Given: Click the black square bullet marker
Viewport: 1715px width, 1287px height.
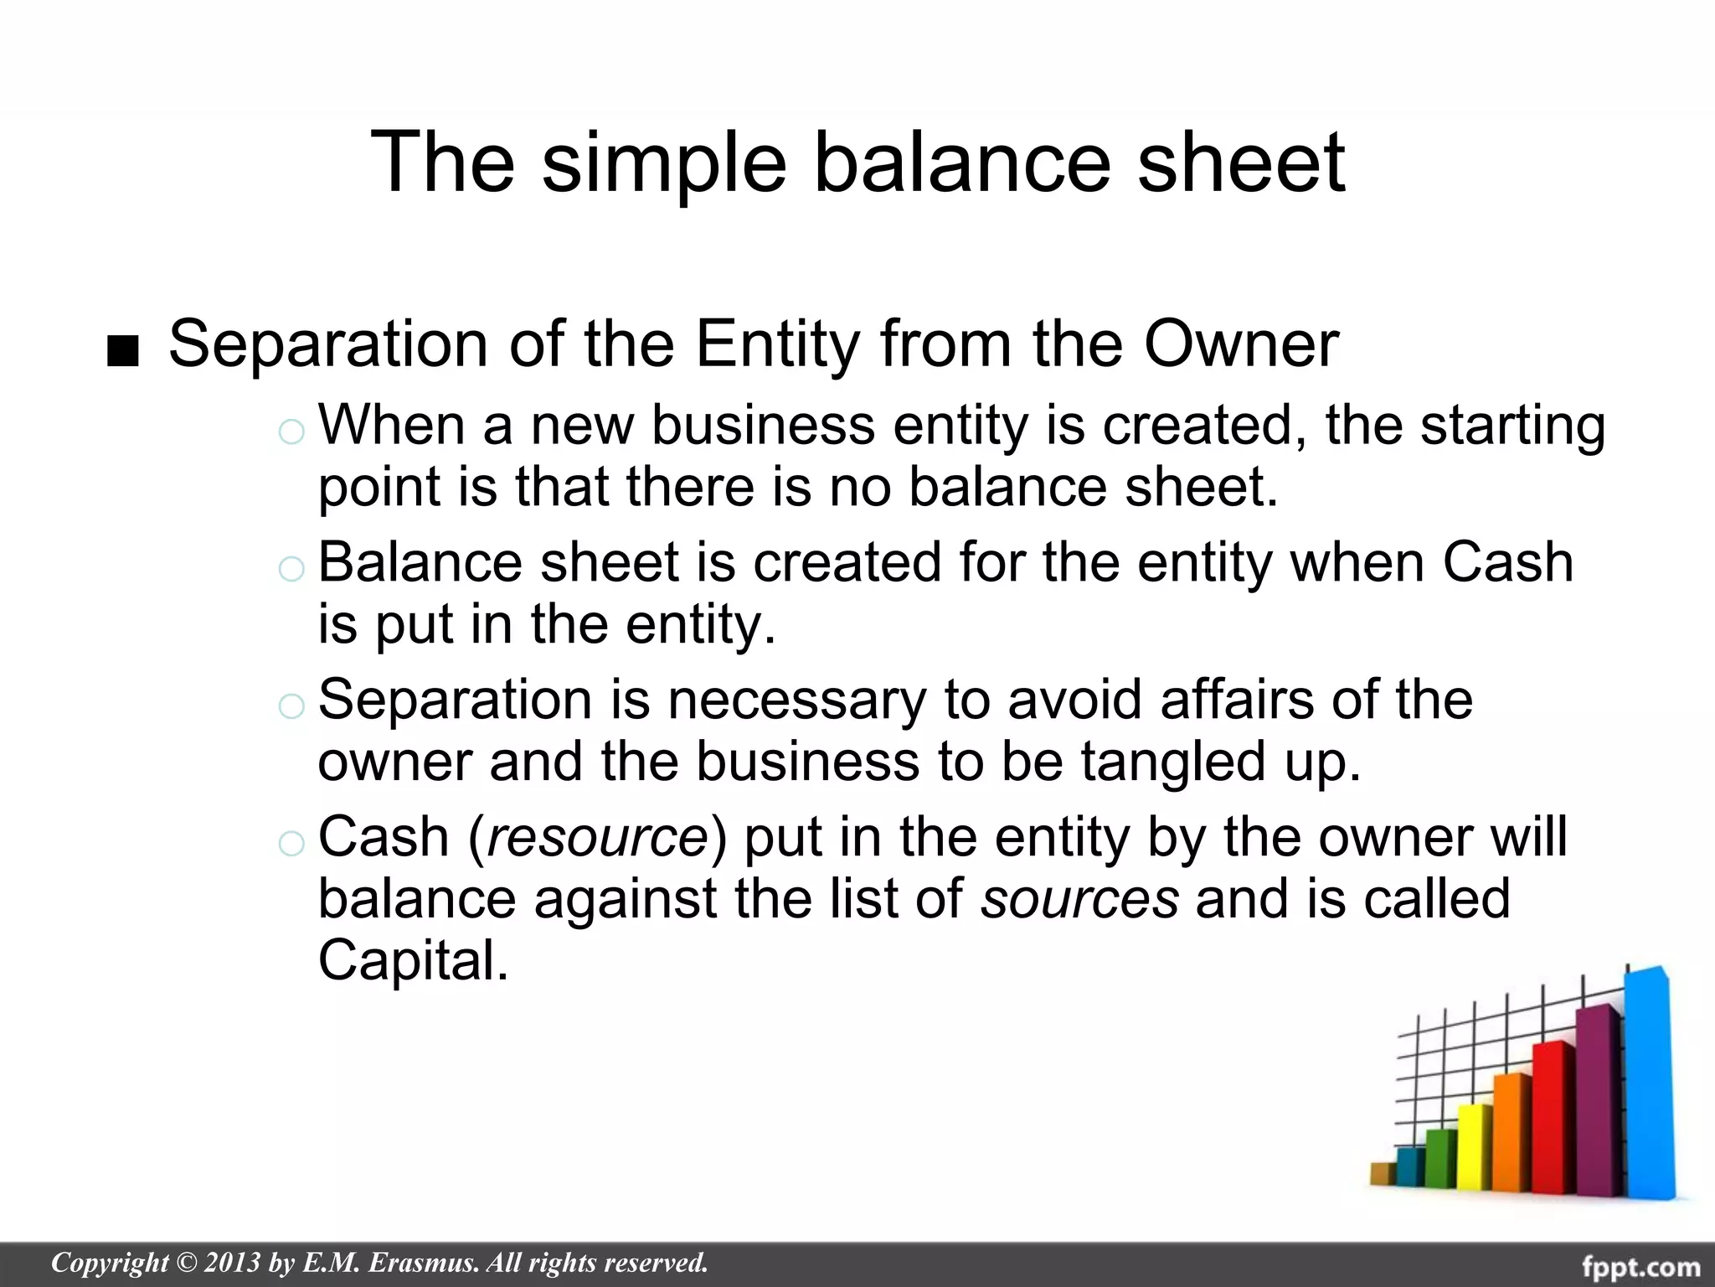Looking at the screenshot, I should coord(123,353).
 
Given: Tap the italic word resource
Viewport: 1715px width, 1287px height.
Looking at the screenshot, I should coord(597,836).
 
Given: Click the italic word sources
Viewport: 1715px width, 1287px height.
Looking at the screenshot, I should coord(1080,898).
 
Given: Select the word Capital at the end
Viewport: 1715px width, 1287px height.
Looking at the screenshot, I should coord(413,960).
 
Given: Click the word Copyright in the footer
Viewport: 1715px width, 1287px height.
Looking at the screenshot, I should coord(110,1263).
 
